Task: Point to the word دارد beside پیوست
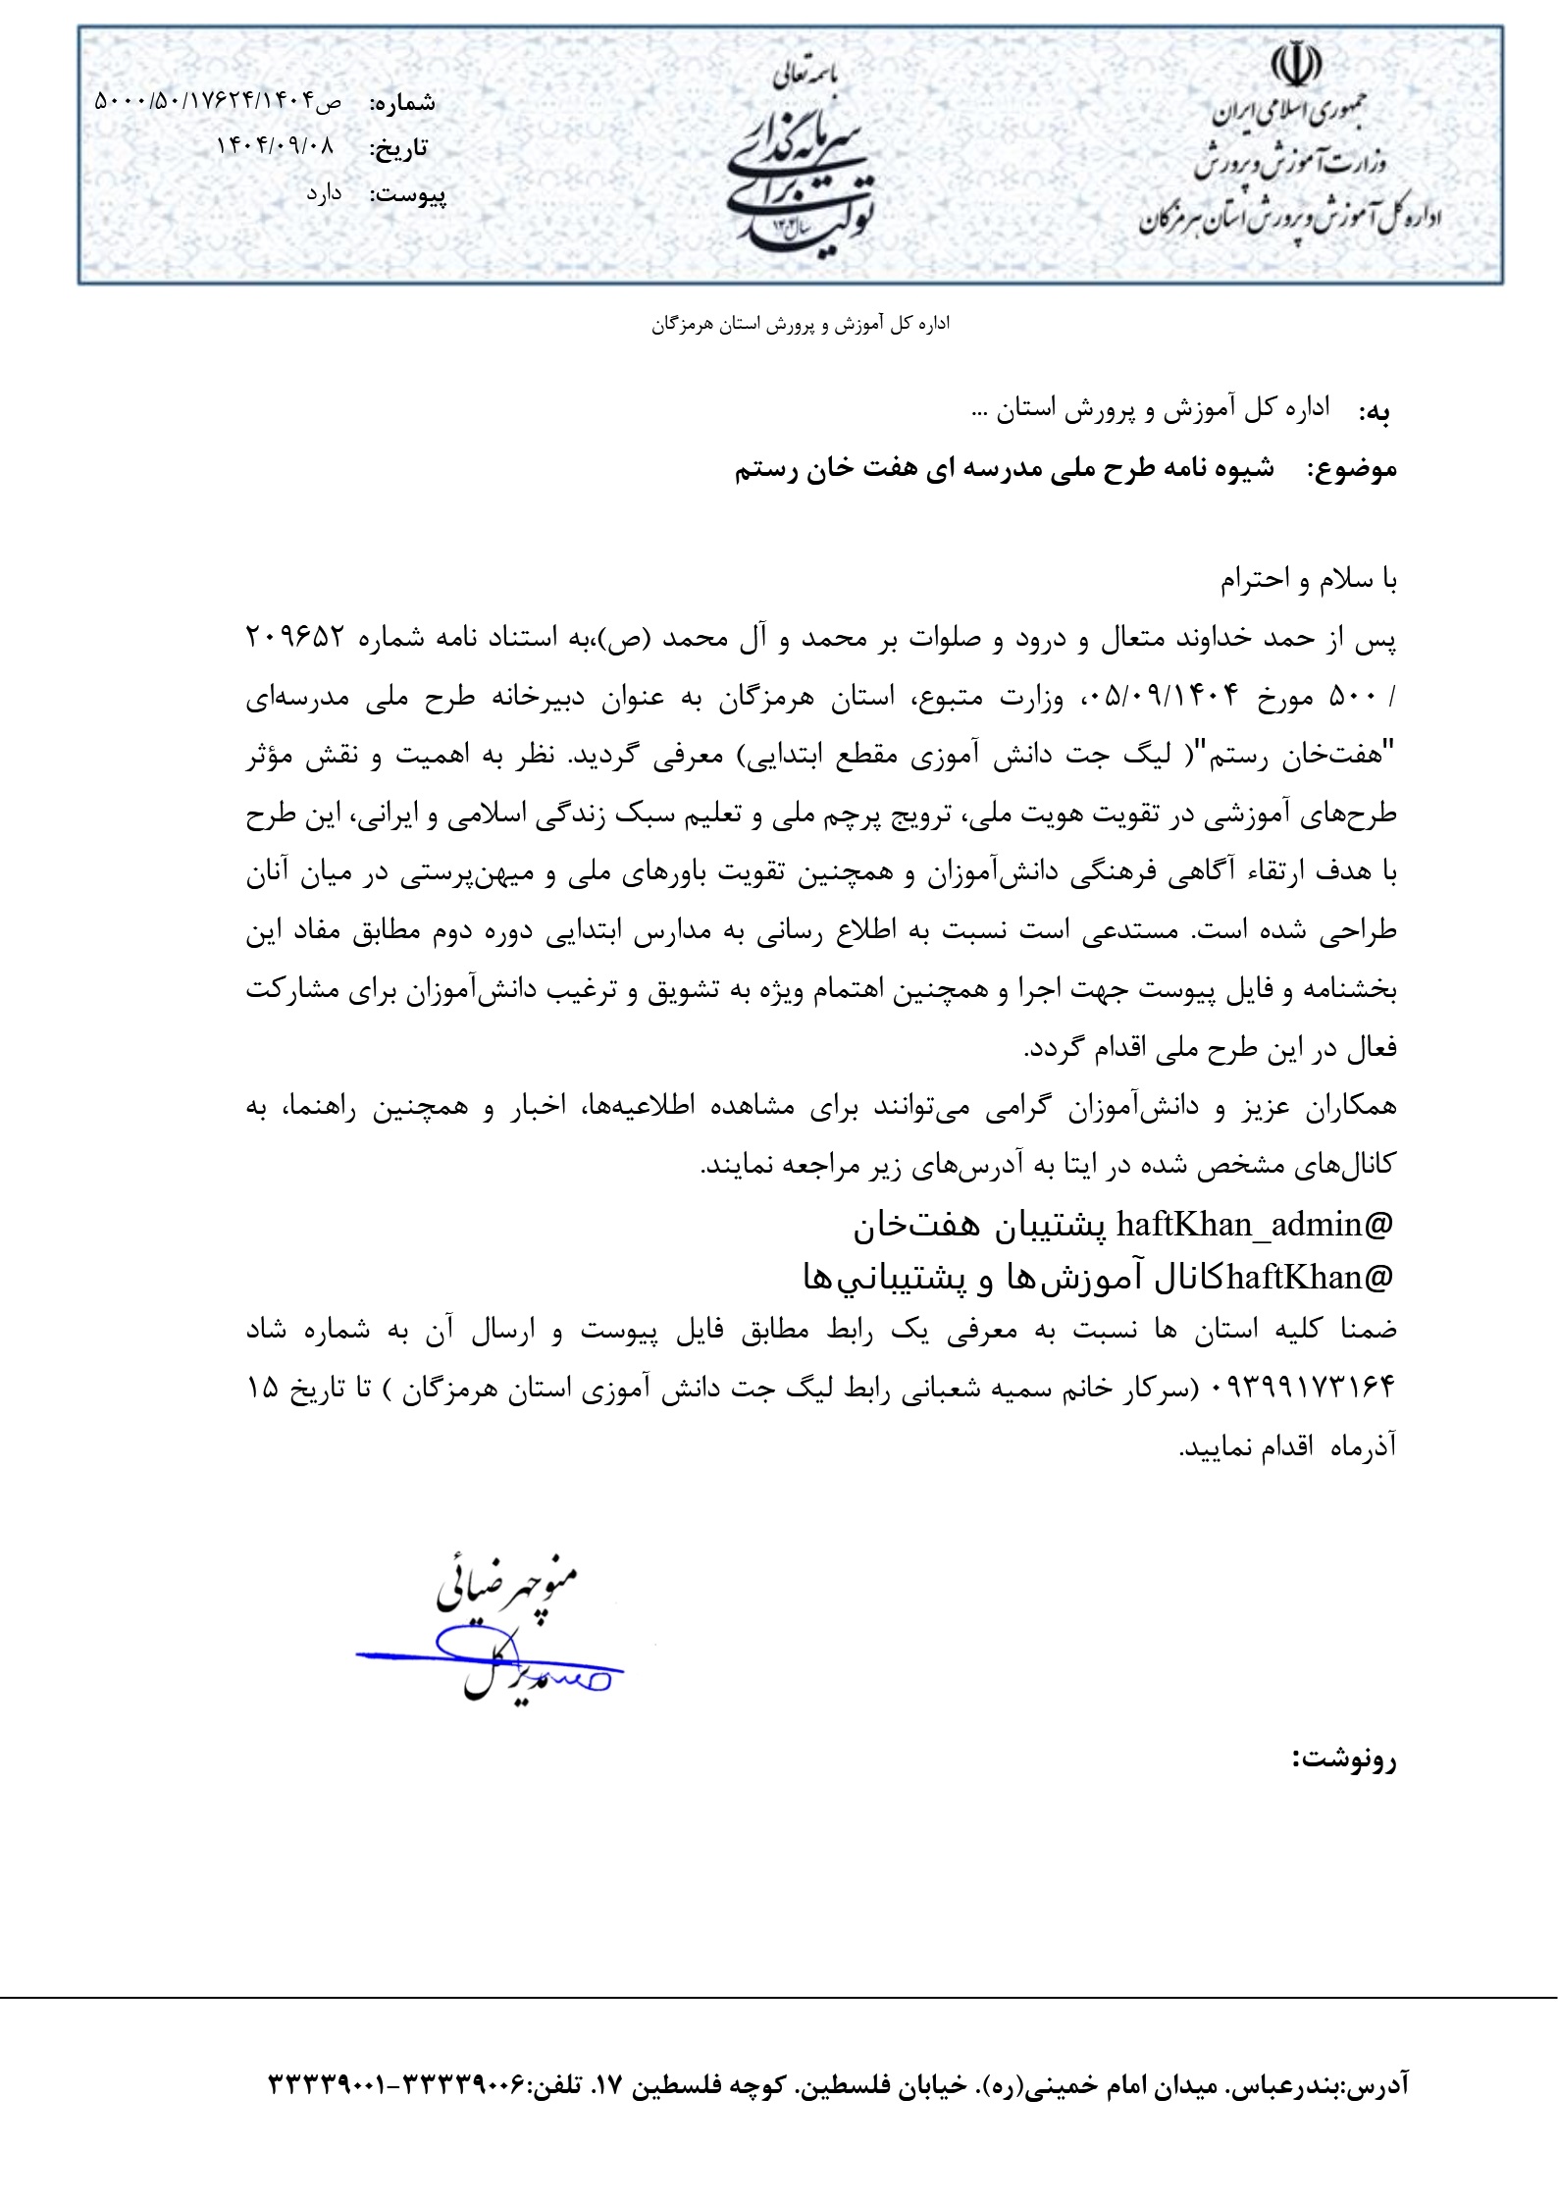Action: click(x=323, y=193)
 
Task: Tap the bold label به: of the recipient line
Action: click(x=1374, y=413)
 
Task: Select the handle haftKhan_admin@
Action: click(x=1255, y=1224)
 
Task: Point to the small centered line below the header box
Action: click(x=800, y=325)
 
